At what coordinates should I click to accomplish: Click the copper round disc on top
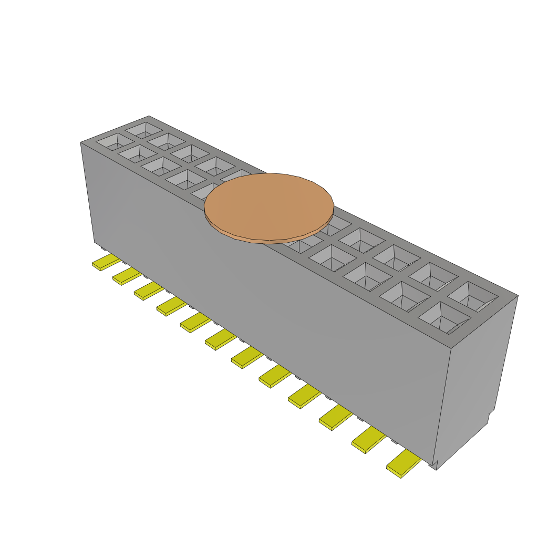pos(269,207)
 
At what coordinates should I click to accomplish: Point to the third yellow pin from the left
pos(149,291)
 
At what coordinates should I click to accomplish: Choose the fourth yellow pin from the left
pos(171,306)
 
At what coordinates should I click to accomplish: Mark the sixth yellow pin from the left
pos(220,340)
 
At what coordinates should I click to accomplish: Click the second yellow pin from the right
pos(368,440)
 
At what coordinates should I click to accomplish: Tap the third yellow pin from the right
pos(335,418)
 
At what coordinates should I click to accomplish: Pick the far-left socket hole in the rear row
pos(143,129)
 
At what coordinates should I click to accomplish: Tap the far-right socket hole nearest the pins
pos(444,317)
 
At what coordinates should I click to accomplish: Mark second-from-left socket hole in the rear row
pos(166,141)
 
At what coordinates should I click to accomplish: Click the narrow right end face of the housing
pos(476,378)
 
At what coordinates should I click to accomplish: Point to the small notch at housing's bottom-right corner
pos(433,465)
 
